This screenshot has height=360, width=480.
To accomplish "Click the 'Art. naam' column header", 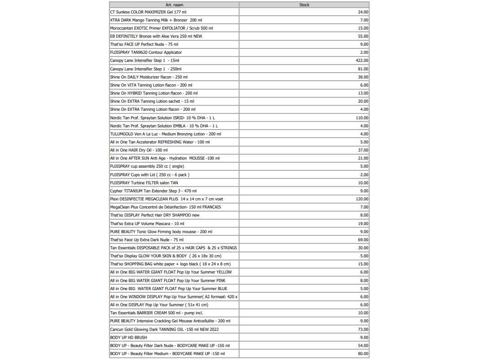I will [x=174, y=5].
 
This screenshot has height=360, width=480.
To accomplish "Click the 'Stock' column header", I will [x=304, y=5].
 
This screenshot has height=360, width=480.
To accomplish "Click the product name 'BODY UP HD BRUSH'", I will [x=128, y=337].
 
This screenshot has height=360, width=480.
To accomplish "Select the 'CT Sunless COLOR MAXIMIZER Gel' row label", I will [x=148, y=12].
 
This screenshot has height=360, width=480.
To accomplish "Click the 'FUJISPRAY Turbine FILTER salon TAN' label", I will [x=144, y=182].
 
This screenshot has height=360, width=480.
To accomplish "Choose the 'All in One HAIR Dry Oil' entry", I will [x=139, y=150].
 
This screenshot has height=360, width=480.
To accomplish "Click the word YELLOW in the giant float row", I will [x=224, y=272].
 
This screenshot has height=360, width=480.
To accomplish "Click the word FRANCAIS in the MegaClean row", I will [x=211, y=207].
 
